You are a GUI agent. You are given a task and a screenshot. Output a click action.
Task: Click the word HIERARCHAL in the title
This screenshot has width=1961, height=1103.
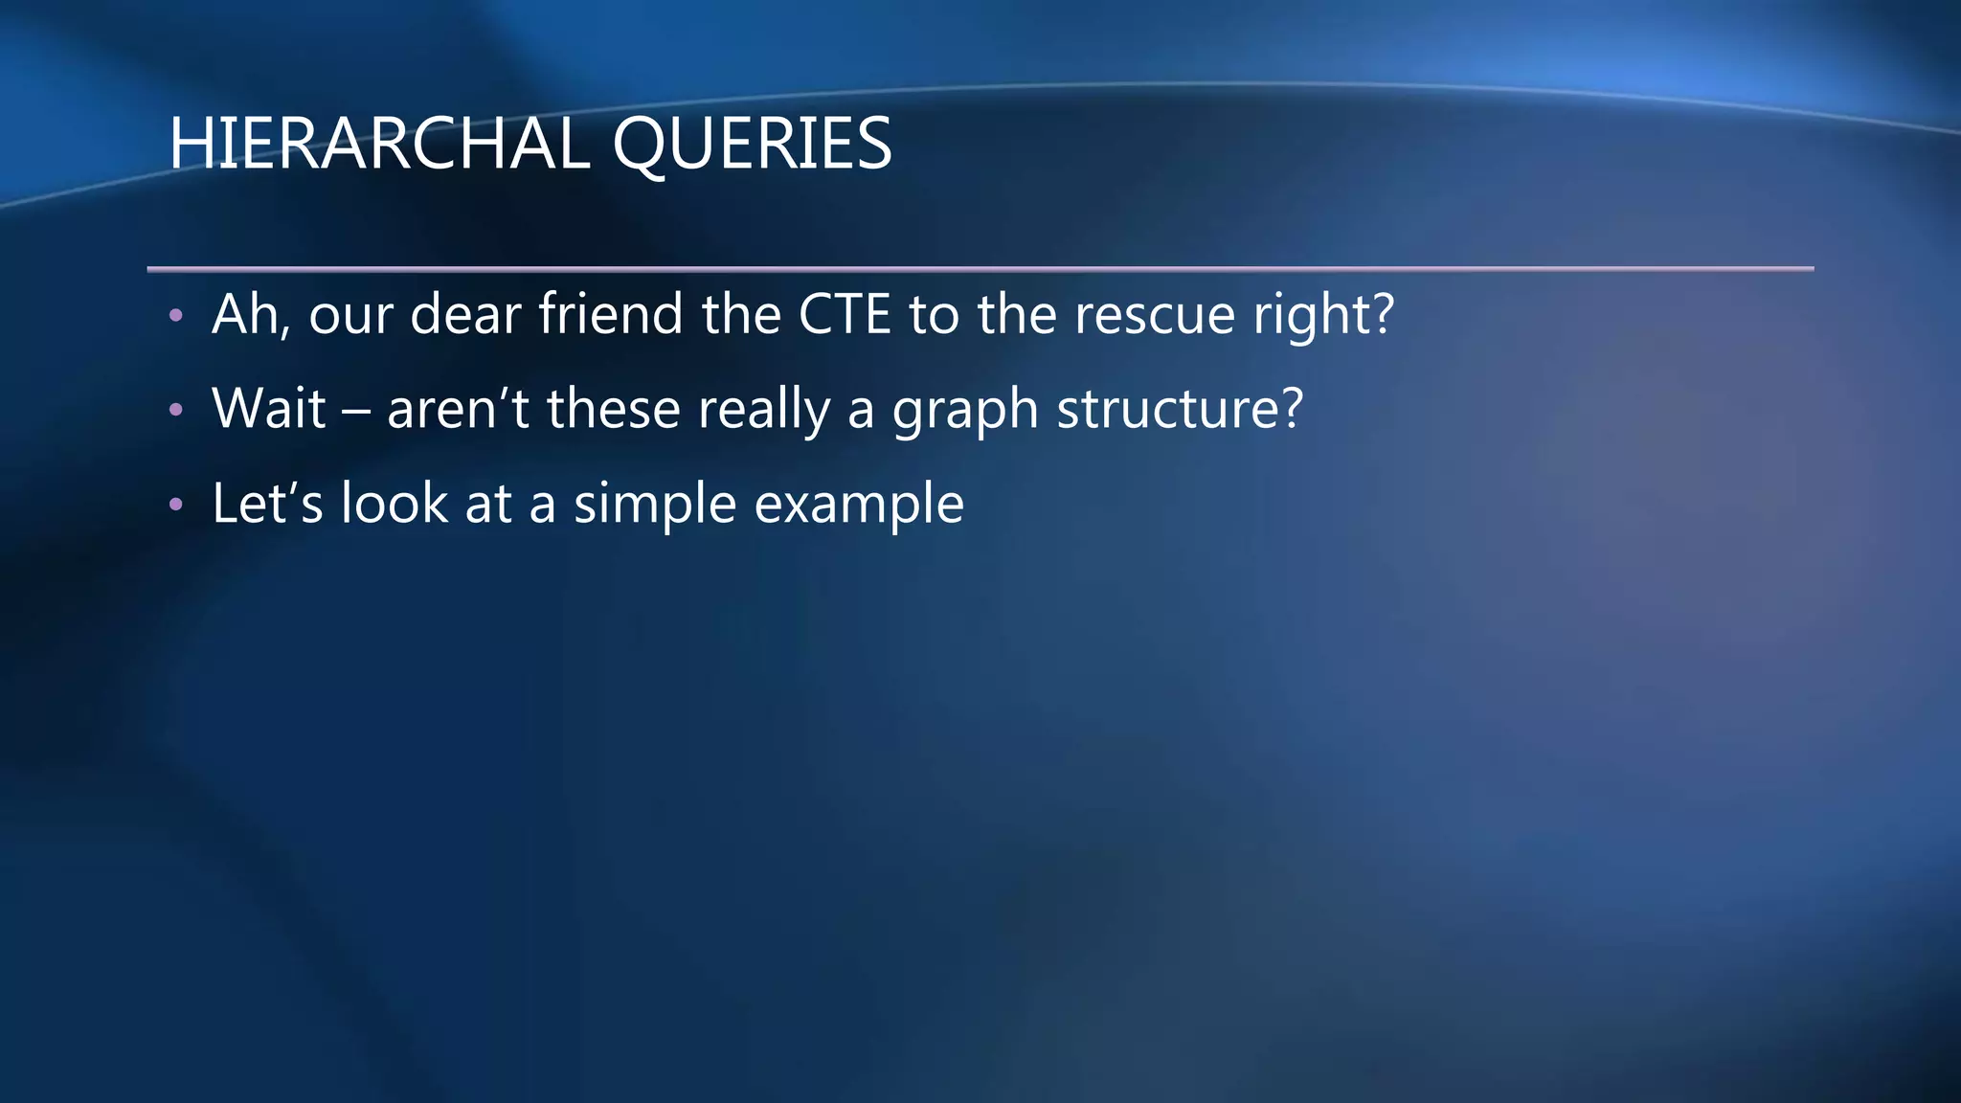379,144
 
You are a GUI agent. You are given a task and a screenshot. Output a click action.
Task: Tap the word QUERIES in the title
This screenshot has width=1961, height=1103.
752,146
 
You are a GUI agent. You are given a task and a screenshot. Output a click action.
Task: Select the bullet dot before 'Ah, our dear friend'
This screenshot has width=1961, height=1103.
175,315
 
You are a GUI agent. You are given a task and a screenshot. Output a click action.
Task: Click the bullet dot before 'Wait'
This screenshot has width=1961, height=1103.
175,410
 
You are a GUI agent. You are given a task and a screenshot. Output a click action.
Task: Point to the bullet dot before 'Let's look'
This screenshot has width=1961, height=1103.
175,505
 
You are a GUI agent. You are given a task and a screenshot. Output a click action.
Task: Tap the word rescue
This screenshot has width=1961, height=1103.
1155,316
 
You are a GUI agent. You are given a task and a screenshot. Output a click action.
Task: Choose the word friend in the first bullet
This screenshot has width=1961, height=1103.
611,314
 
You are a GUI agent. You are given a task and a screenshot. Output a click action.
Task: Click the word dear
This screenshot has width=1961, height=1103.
465,314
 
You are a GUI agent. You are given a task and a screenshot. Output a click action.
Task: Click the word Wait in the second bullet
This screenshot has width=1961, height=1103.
269,409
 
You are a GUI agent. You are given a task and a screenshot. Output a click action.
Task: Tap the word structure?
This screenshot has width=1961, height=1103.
1180,410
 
